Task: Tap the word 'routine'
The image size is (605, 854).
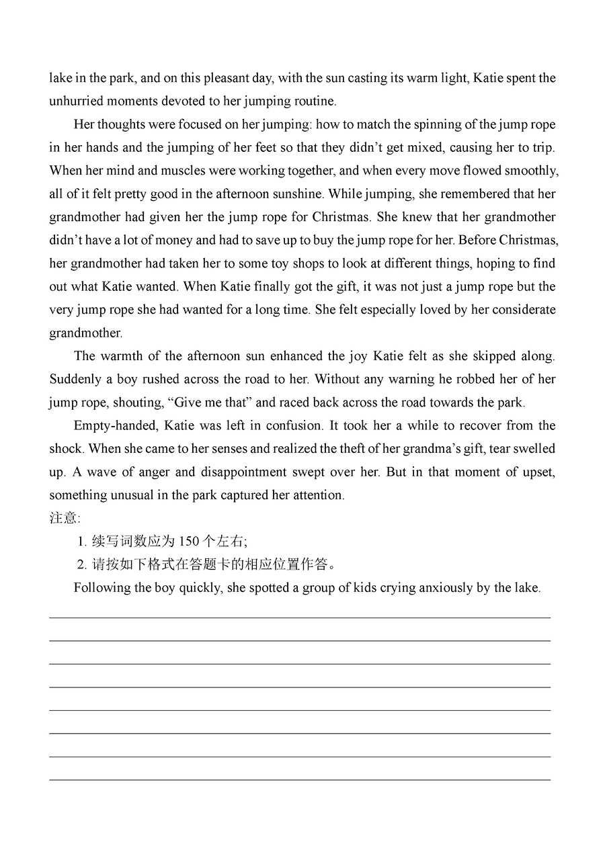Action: (x=312, y=101)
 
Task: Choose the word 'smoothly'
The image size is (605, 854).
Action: (x=530, y=171)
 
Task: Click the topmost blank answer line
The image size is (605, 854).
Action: (x=300, y=617)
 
